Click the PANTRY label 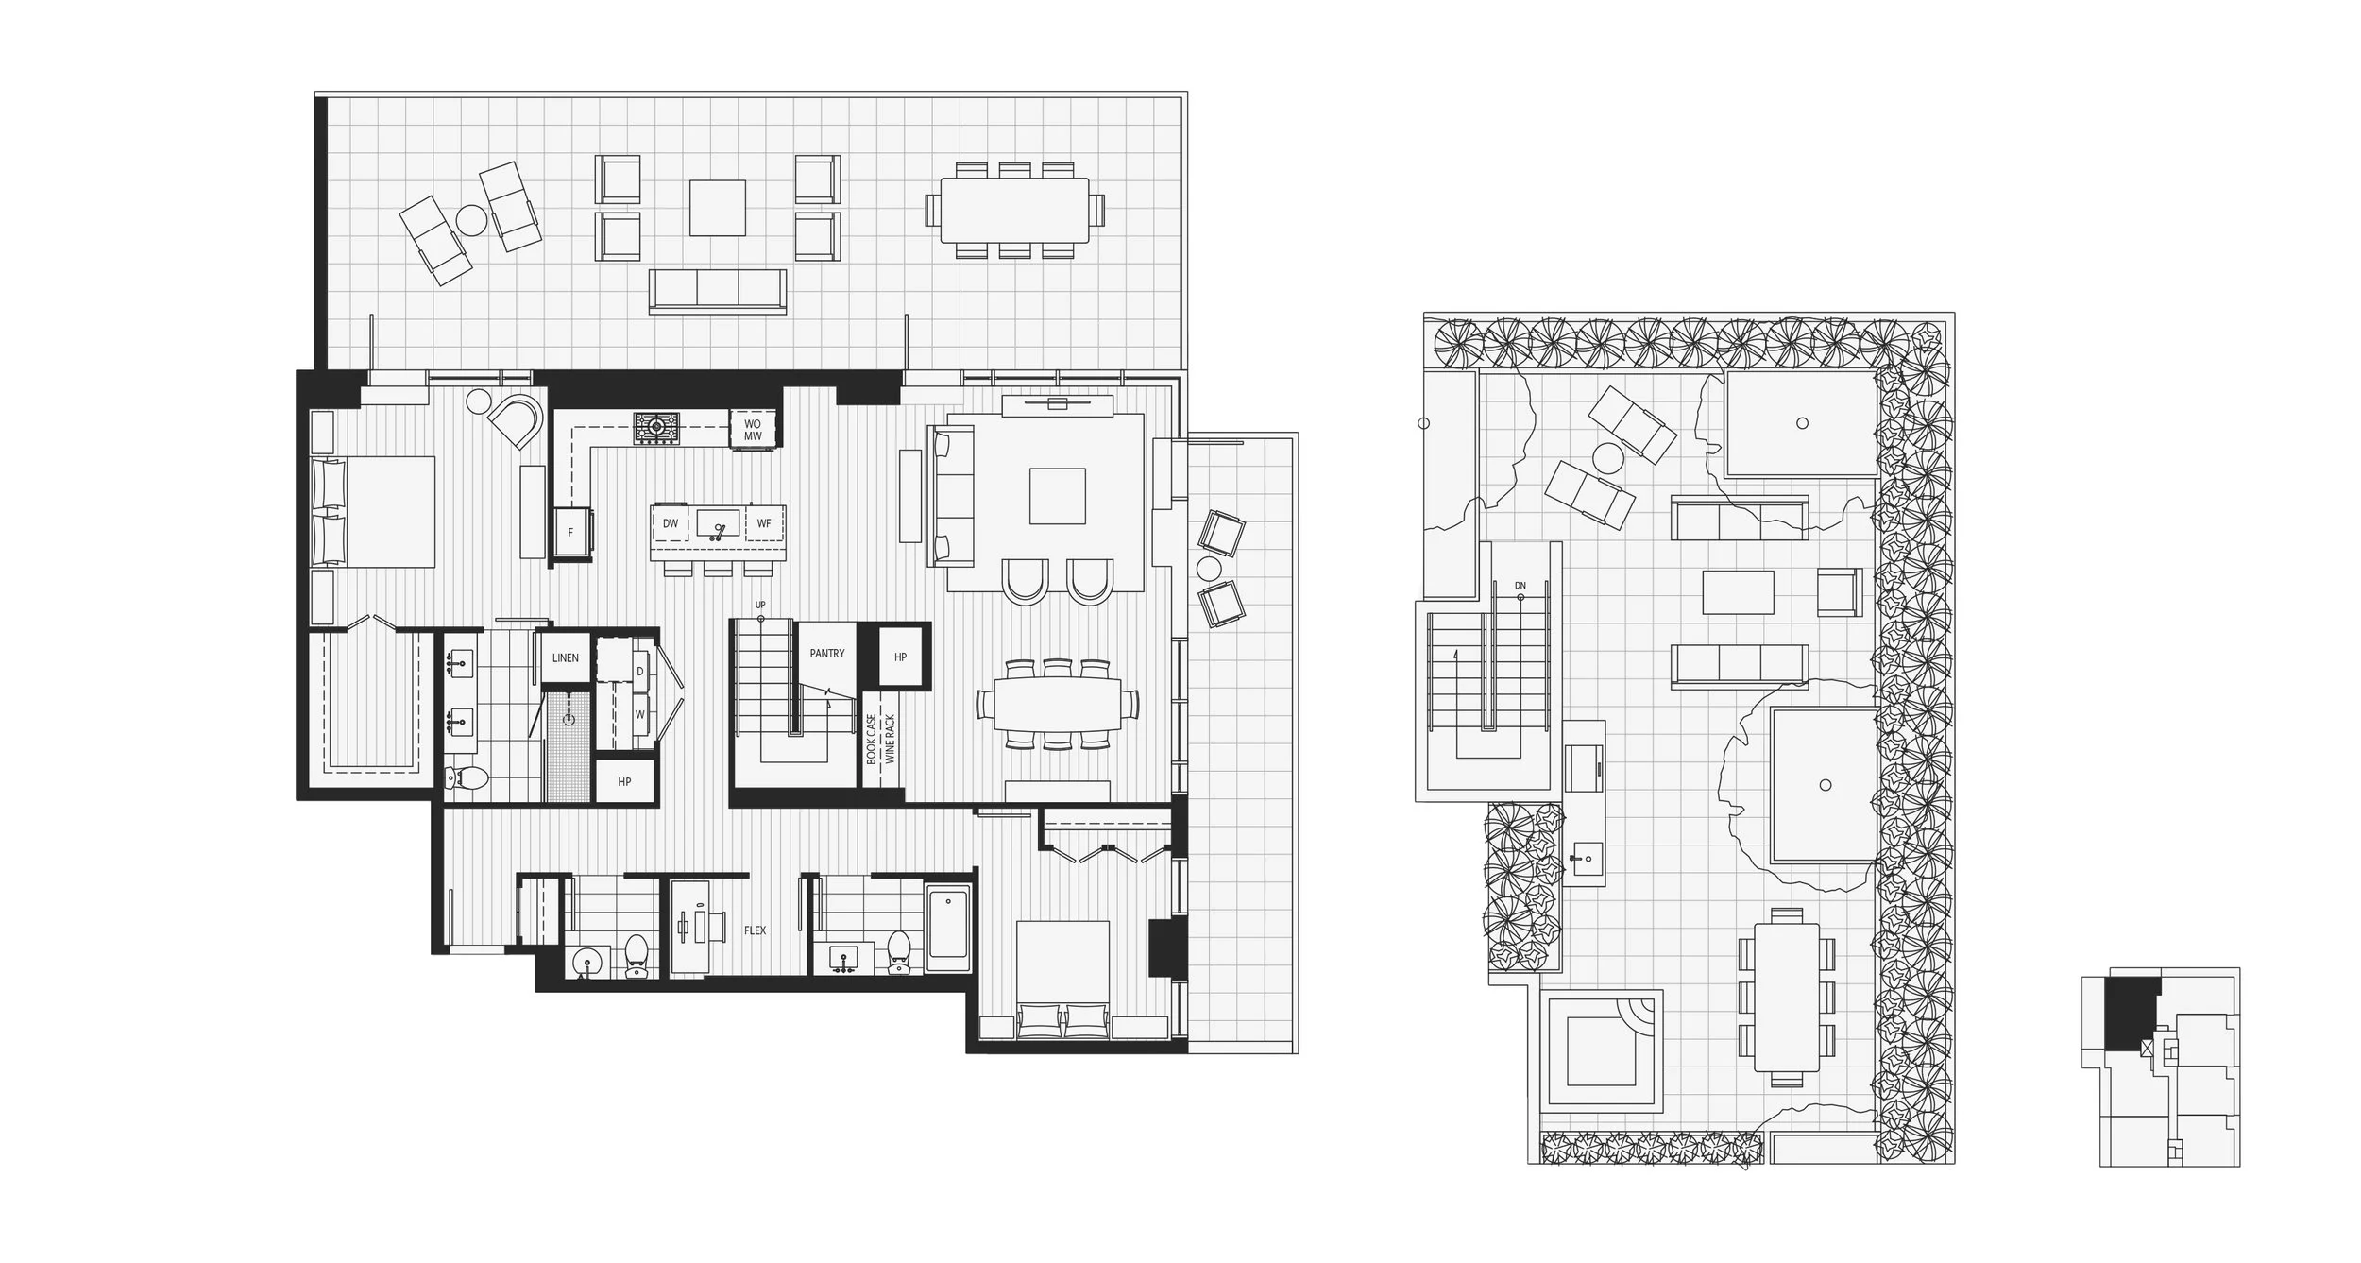coord(826,654)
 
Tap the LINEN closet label coord(565,657)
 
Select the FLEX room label coord(755,930)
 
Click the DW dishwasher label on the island coord(671,523)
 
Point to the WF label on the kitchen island coord(764,523)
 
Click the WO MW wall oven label coord(753,431)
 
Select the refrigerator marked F coord(571,534)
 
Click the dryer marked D coord(639,672)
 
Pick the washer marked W coord(639,715)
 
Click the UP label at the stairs coord(760,605)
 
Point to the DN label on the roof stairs coord(1520,586)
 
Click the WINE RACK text coord(890,739)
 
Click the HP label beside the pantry coord(899,657)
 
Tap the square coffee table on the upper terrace coord(717,208)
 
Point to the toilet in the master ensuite coord(467,778)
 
